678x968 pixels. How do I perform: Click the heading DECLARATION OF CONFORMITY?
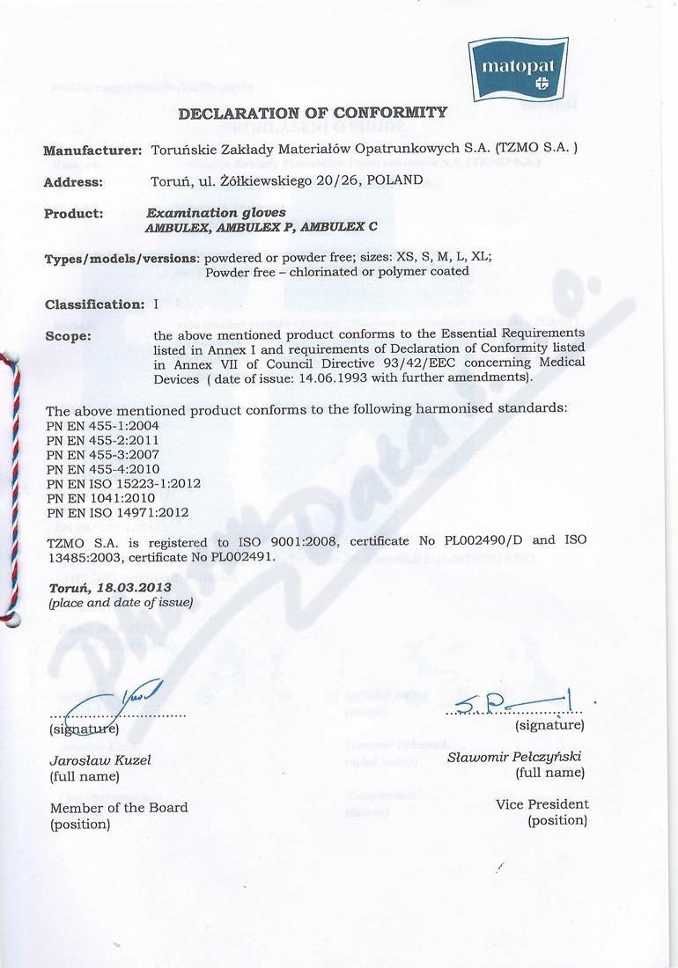[312, 113]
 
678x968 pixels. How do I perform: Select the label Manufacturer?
[92, 150]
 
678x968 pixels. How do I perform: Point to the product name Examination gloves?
[203, 213]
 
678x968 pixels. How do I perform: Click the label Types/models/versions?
[122, 259]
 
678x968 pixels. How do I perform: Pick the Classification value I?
[156, 304]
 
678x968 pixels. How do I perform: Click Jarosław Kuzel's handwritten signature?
[123, 703]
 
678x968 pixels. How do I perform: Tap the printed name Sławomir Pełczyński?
[514, 757]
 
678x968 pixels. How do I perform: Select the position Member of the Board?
[119, 808]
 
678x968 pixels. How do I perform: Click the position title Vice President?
[542, 804]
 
